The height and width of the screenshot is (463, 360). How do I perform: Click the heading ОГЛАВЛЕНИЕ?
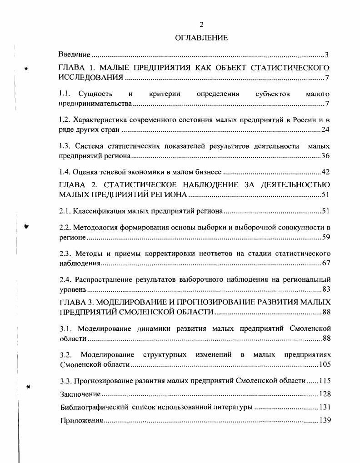pyautogui.click(x=201, y=38)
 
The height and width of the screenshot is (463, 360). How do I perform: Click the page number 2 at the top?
pyautogui.click(x=201, y=25)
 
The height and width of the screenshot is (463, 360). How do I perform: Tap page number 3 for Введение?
pyautogui.click(x=326, y=55)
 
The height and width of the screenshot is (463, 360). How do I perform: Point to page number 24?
pyautogui.click(x=325, y=130)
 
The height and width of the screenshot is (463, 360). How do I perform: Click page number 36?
pyautogui.click(x=325, y=156)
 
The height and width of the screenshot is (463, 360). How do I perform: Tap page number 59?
pyautogui.click(x=325, y=237)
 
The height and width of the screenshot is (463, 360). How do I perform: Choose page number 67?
pyautogui.click(x=325, y=263)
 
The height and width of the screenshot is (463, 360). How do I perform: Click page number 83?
pyautogui.click(x=325, y=289)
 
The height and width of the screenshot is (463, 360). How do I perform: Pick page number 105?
pyautogui.click(x=324, y=364)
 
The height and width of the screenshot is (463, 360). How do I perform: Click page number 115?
pyautogui.click(x=324, y=380)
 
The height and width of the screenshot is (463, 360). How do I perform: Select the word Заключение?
pyautogui.click(x=80, y=394)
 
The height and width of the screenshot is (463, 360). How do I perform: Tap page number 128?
pyautogui.click(x=324, y=394)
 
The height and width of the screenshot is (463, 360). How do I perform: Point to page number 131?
pyautogui.click(x=324, y=407)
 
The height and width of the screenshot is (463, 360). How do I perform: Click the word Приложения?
pyautogui.click(x=82, y=421)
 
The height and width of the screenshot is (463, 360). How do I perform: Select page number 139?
pyautogui.click(x=324, y=420)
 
